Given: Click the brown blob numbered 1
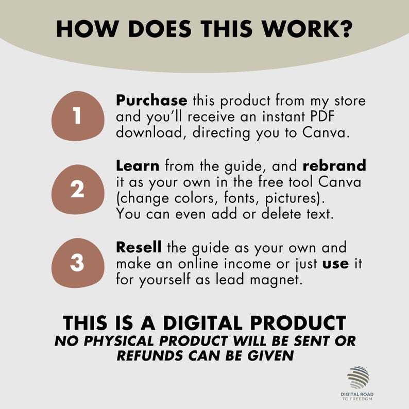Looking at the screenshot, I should pyautogui.click(x=77, y=116).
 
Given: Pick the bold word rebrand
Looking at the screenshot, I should pyautogui.click(x=334, y=166).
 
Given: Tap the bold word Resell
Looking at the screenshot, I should pyautogui.click(x=139, y=247).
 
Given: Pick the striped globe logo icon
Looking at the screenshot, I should pyautogui.click(x=359, y=378).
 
